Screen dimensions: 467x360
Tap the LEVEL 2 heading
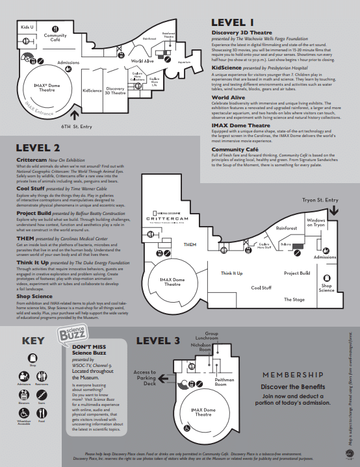[40, 148]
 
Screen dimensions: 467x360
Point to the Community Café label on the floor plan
[60, 38]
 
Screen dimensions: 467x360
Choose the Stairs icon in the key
[42, 394]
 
